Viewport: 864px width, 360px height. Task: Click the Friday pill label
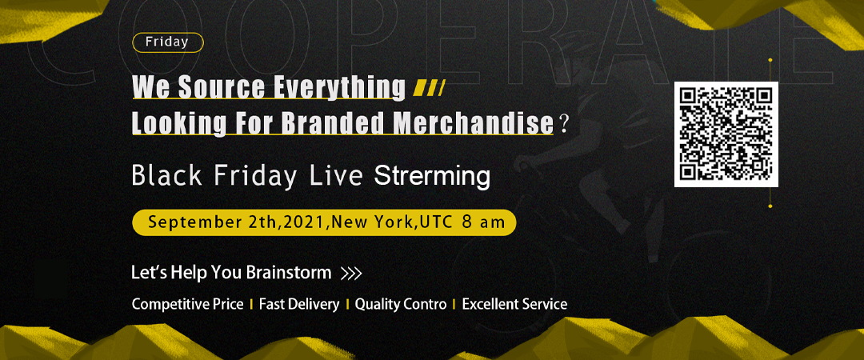click(167, 42)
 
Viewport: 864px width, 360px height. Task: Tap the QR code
click(726, 134)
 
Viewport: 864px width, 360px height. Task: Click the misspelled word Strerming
click(432, 177)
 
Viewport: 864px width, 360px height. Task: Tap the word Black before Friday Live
click(167, 177)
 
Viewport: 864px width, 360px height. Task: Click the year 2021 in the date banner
click(305, 222)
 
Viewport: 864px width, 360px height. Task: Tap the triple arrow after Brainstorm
click(351, 274)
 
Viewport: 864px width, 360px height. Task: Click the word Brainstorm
click(289, 272)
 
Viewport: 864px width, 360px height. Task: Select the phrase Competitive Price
click(187, 304)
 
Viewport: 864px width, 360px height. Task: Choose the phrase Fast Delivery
click(299, 304)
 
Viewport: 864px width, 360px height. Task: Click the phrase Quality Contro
click(401, 304)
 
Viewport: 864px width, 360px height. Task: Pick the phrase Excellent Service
click(514, 304)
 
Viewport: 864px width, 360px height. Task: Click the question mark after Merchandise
click(562, 123)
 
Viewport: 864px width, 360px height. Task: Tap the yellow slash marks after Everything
click(430, 89)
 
